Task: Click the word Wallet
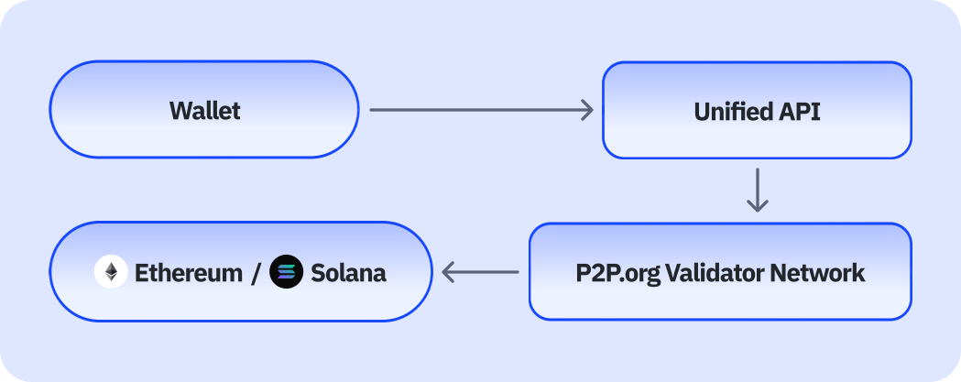click(205, 111)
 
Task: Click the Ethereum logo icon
click(111, 272)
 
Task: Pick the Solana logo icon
click(287, 272)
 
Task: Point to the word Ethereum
click(189, 273)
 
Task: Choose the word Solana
click(348, 273)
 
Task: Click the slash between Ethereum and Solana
click(257, 273)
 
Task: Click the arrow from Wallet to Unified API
click(481, 111)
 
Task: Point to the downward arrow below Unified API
click(757, 190)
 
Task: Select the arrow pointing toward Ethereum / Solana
click(480, 272)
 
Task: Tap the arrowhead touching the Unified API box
click(587, 111)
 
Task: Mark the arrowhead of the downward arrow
click(757, 207)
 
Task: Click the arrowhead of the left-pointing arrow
click(449, 272)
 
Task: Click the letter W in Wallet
click(180, 111)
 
